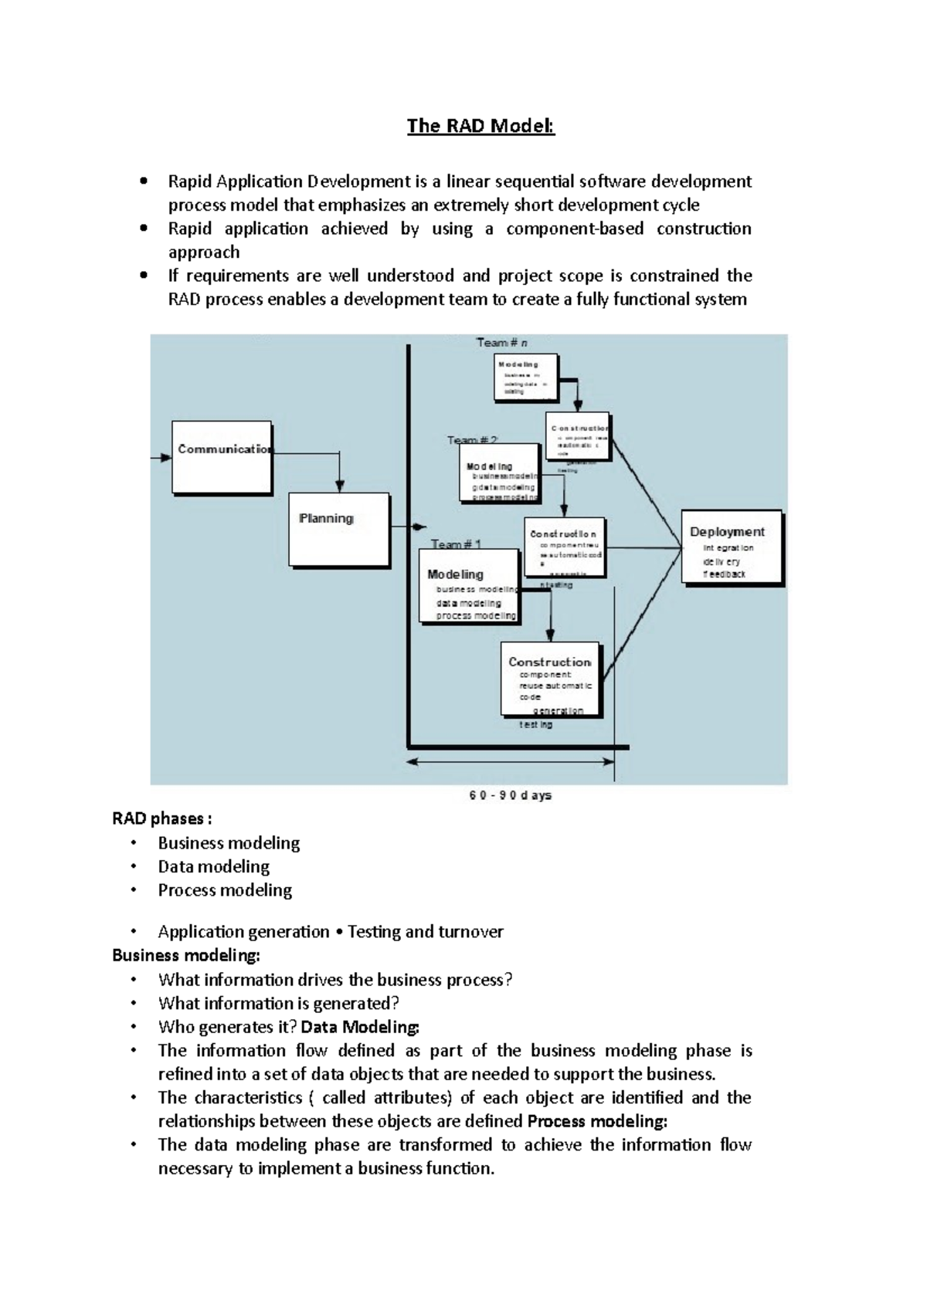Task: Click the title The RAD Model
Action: click(480, 126)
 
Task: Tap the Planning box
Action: click(338, 530)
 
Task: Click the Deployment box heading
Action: click(727, 532)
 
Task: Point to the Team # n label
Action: click(501, 342)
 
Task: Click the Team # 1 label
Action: click(456, 544)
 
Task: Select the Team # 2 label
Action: click(472, 440)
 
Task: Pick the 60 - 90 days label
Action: click(510, 795)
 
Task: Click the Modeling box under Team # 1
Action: click(469, 585)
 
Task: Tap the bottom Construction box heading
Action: click(549, 662)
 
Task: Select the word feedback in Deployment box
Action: click(725, 574)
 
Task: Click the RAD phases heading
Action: click(161, 818)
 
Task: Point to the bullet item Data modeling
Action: click(214, 866)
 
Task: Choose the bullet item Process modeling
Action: click(225, 890)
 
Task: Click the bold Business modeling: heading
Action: click(186, 955)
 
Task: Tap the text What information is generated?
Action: click(278, 1003)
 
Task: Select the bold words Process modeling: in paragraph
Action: click(597, 1121)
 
